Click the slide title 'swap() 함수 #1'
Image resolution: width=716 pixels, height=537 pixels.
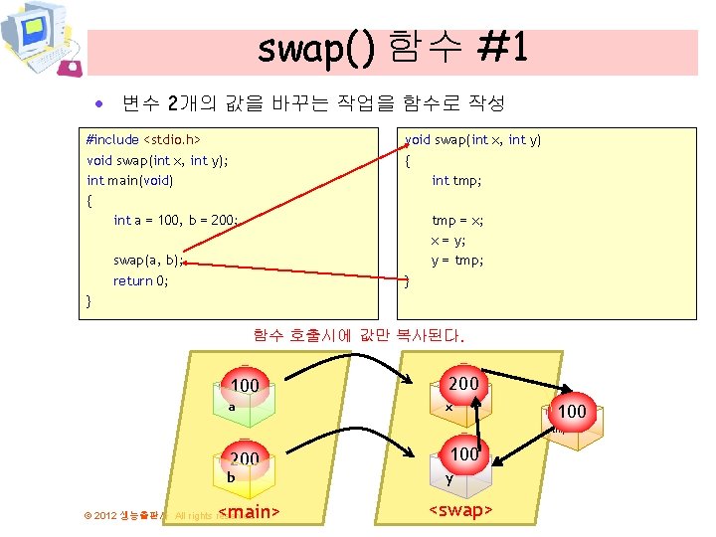pyautogui.click(x=392, y=48)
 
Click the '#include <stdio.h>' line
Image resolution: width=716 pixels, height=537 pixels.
pyautogui.click(x=144, y=140)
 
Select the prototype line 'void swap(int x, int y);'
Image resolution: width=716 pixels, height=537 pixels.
pyautogui.click(x=158, y=160)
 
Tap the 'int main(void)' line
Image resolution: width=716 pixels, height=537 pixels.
pyautogui.click(x=130, y=180)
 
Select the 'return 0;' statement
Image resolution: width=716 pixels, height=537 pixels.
pyautogui.click(x=141, y=280)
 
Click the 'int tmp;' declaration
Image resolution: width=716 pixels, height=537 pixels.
pyautogui.click(x=456, y=180)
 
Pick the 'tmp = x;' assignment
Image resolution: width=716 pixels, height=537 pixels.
pyautogui.click(x=457, y=220)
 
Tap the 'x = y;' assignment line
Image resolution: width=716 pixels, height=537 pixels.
pyautogui.click(x=447, y=241)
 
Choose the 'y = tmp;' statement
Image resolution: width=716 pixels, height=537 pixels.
pyautogui.click(x=457, y=261)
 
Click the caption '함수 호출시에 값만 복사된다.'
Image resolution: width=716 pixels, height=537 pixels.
pyautogui.click(x=358, y=336)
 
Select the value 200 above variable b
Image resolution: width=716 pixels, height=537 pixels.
pyautogui.click(x=245, y=458)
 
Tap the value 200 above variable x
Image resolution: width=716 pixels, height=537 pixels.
pyautogui.click(x=463, y=384)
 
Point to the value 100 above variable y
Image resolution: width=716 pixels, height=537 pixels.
pyautogui.click(x=464, y=454)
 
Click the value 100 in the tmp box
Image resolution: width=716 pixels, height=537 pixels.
pyautogui.click(x=572, y=411)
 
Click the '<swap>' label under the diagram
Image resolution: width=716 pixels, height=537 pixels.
pyautogui.click(x=460, y=511)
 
